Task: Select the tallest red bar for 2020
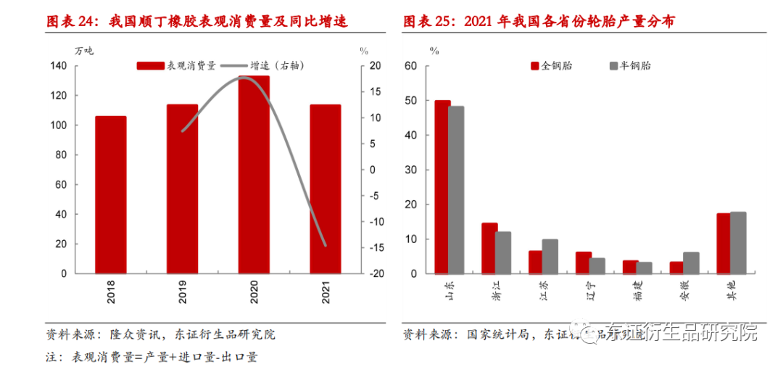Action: [x=254, y=174]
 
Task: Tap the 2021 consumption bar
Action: [x=326, y=189]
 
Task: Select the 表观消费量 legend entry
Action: [x=176, y=65]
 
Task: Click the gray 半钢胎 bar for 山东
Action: [x=456, y=190]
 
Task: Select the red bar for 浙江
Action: [x=489, y=248]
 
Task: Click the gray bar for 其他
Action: [x=737, y=242]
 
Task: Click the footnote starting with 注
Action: [x=152, y=357]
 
